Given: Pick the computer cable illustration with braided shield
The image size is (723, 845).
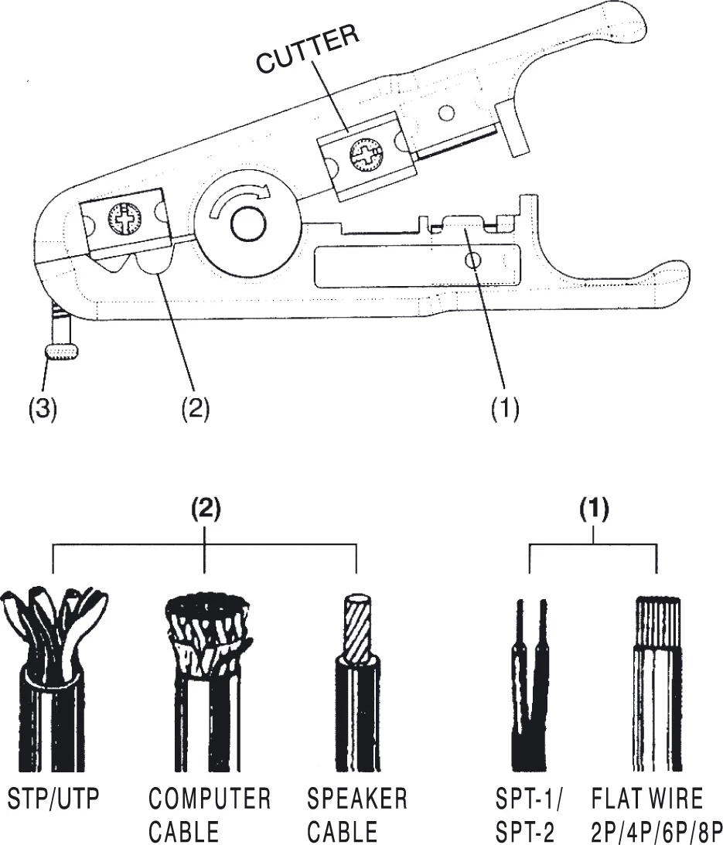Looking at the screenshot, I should click(x=205, y=680).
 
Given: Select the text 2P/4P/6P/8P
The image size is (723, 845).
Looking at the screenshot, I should click(x=656, y=832).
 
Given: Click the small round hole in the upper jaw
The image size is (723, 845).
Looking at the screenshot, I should click(x=445, y=114).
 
